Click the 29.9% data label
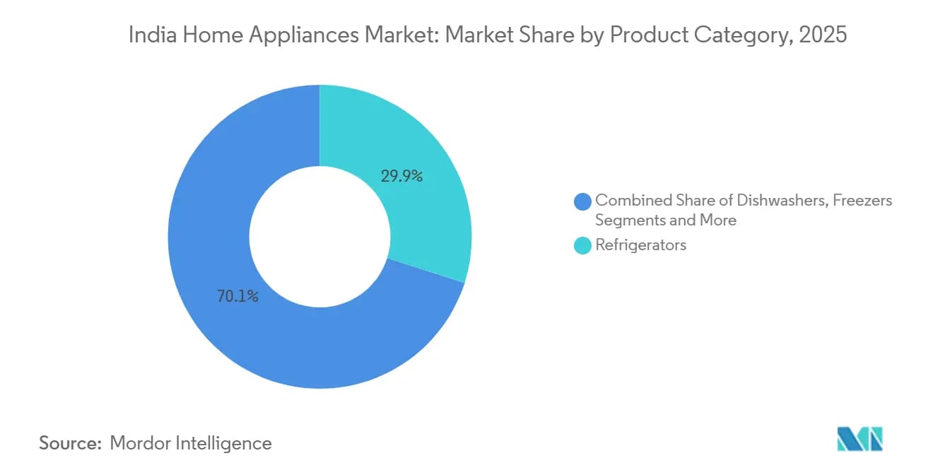401,177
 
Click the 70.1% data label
237,297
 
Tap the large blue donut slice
233,212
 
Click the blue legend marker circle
583,201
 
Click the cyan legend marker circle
583,246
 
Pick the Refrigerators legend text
640,245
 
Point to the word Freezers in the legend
862,200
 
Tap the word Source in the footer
67,443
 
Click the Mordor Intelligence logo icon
859,438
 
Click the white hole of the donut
319,237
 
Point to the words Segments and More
665,220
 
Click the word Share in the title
548,35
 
